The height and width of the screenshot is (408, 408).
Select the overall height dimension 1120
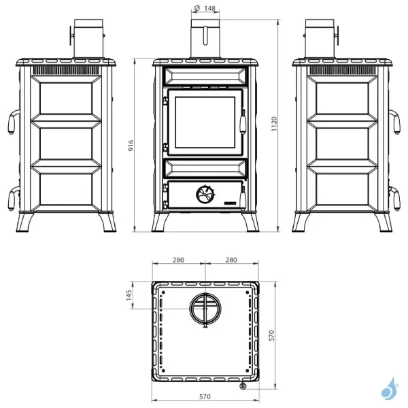[x=273, y=124]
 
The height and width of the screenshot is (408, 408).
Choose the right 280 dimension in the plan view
[x=231, y=260]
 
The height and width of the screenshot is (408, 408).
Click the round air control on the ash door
[x=204, y=194]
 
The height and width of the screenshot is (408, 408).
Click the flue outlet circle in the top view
[x=205, y=309]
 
